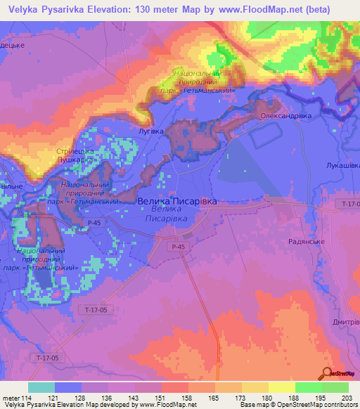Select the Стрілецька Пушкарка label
[75, 155]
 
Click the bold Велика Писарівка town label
[176, 201]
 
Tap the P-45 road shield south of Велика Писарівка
[177, 247]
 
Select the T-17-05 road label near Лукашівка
[348, 203]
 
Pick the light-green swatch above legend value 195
[308, 387]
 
